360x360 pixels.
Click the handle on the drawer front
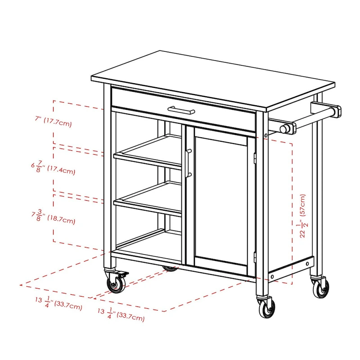click(x=181, y=110)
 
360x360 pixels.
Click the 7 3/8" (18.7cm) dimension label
click(x=53, y=218)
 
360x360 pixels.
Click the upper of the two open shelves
click(x=148, y=151)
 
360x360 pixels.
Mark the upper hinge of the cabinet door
click(x=255, y=157)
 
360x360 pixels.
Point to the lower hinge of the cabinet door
click(x=255, y=256)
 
